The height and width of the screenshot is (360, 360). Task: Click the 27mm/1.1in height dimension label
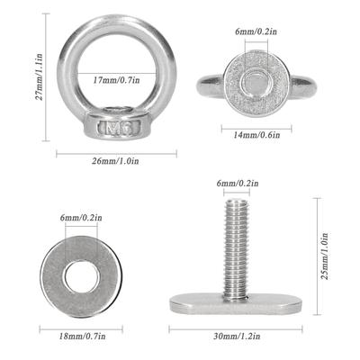coord(39,76)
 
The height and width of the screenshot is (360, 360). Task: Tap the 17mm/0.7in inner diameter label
coord(116,80)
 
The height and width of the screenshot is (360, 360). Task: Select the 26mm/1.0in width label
coord(115,161)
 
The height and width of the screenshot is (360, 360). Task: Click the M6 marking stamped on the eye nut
coord(119,128)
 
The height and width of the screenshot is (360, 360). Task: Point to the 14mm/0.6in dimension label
coord(256,135)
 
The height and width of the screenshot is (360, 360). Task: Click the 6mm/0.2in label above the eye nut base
coord(256,31)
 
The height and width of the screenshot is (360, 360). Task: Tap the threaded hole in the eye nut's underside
coord(257,81)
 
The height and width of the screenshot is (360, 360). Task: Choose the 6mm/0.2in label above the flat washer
coord(81,218)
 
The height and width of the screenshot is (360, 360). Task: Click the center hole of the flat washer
coord(81,276)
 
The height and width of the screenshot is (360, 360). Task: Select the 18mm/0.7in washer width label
coord(82,337)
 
